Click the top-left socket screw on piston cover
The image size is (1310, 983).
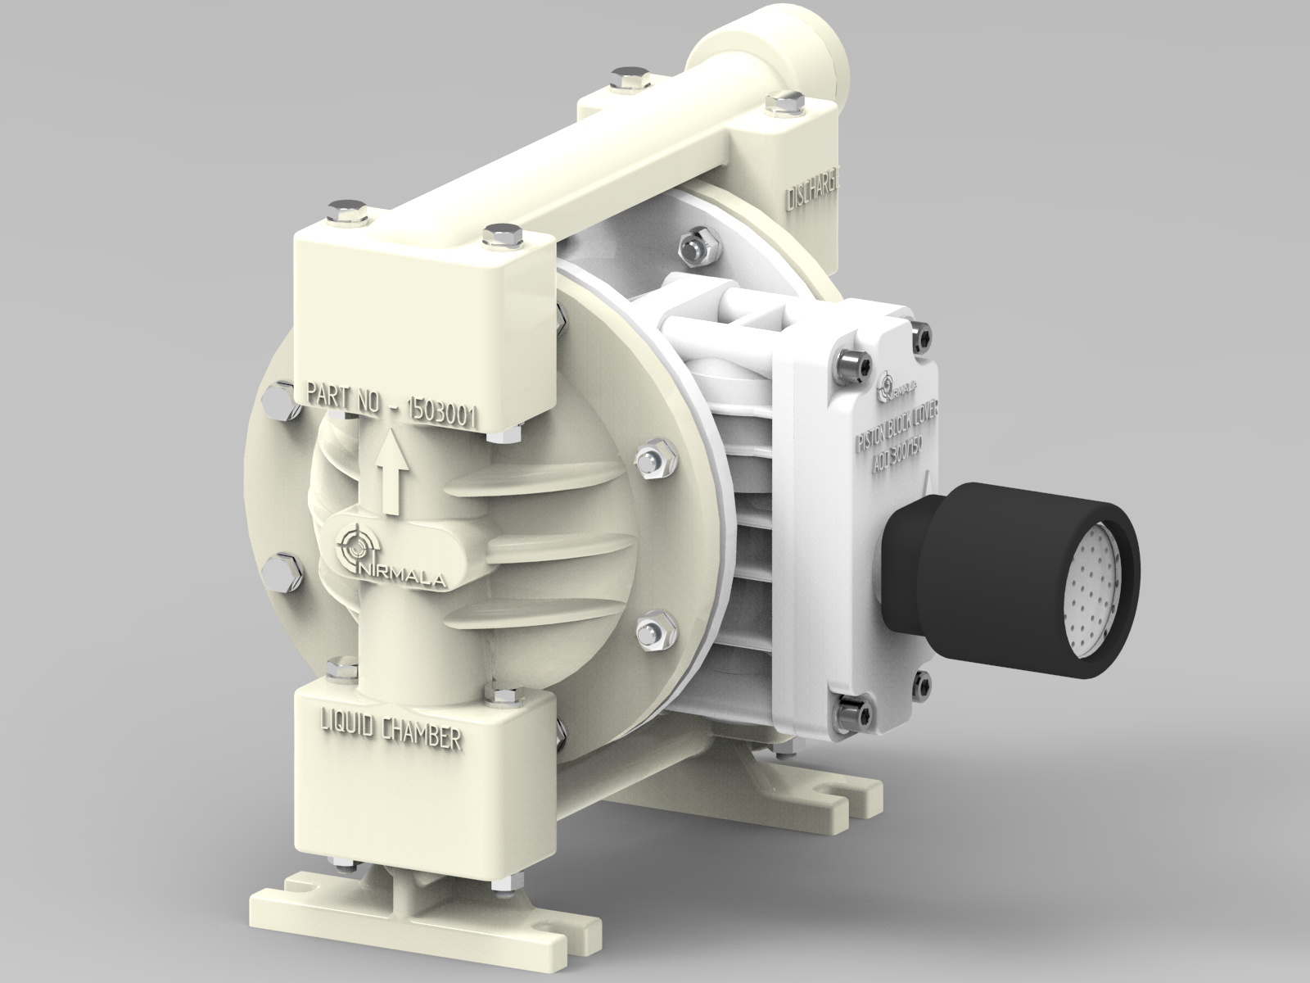coord(849,365)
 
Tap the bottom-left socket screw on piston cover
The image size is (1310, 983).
coord(855,706)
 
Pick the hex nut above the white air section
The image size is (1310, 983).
coord(698,243)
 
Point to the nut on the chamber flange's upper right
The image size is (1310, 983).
coord(653,458)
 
